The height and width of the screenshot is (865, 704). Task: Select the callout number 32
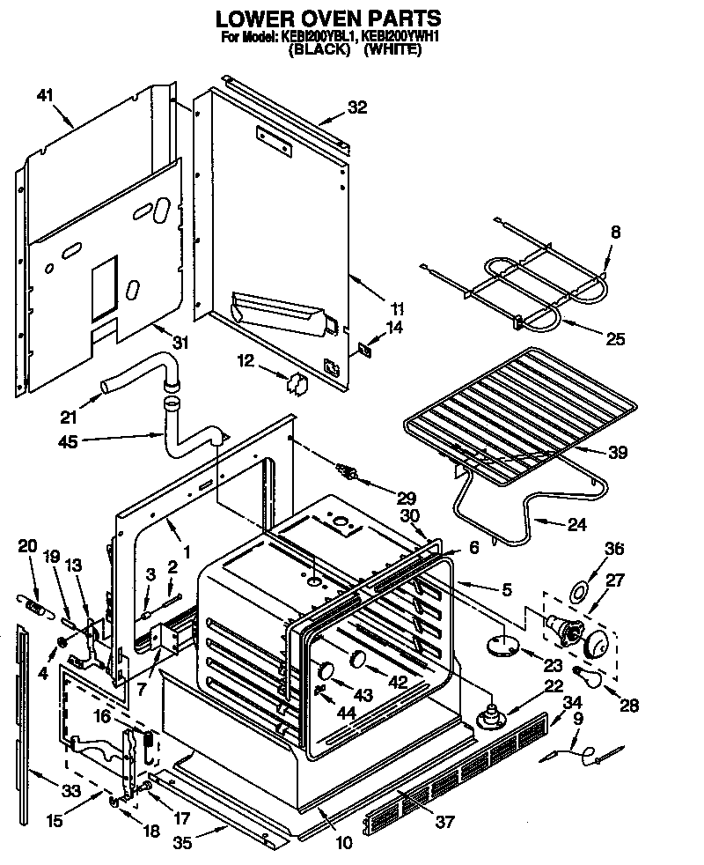pos(356,107)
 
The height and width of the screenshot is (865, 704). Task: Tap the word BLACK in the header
pos(320,50)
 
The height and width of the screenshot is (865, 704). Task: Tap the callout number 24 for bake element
pos(576,525)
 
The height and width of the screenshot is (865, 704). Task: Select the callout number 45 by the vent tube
pos(67,441)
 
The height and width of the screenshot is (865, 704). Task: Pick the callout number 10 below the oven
pos(343,843)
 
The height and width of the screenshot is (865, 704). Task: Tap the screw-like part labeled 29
pos(351,474)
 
